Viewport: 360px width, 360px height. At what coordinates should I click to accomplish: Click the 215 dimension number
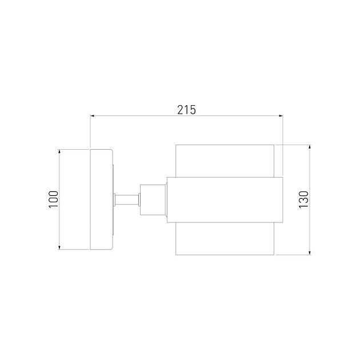(186, 110)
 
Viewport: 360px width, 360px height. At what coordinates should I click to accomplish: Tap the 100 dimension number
(54, 199)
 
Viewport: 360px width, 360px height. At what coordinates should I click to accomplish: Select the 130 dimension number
(303, 199)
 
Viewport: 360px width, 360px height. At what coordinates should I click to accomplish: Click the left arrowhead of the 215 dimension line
(93, 116)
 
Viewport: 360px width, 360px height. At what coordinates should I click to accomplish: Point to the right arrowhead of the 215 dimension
(281, 116)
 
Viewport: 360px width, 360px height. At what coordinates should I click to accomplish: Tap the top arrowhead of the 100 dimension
(59, 152)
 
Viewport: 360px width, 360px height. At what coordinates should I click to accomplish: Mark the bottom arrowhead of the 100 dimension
(59, 247)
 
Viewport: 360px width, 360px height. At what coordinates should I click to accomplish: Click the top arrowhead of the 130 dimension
(310, 147)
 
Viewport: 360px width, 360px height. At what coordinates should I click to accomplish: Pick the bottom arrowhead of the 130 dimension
(310, 253)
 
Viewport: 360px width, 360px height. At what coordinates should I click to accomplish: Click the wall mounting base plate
(101, 199)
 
